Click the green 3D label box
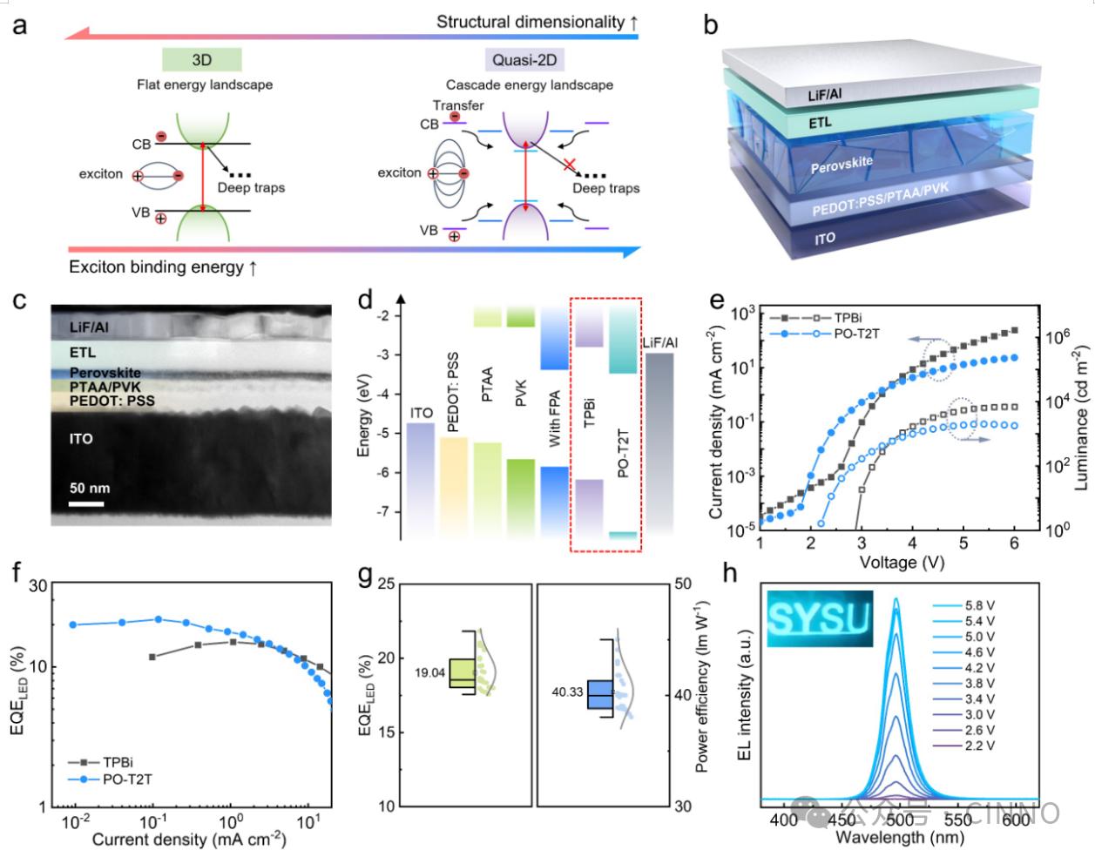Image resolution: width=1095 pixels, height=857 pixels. [202, 60]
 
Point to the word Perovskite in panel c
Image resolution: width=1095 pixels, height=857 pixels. [105, 373]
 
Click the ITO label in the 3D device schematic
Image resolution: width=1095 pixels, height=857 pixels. [825, 238]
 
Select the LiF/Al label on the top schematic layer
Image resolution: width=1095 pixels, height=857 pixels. [824, 95]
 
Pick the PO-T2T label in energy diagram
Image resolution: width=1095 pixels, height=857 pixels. [623, 453]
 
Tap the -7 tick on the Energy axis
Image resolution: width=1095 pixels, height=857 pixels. [389, 511]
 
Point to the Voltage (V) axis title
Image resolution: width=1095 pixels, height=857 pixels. [902, 563]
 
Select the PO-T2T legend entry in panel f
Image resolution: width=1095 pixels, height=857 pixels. [126, 779]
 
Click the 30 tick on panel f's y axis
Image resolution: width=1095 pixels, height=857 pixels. [39, 588]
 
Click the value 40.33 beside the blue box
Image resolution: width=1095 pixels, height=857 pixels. [569, 692]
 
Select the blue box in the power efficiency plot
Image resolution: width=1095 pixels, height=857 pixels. [599, 694]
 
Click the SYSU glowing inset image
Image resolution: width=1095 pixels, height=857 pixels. [818, 618]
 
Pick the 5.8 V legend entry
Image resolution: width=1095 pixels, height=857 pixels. [978, 605]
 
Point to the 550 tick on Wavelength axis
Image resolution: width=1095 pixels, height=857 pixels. [957, 820]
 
